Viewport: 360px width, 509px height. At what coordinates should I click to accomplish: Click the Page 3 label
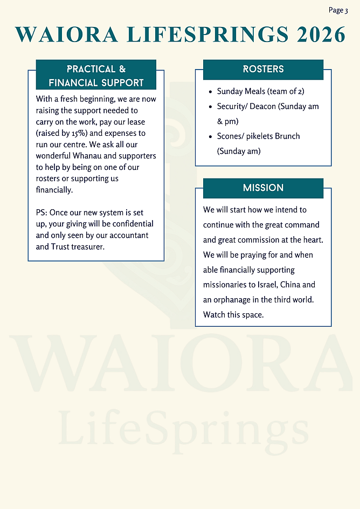338,10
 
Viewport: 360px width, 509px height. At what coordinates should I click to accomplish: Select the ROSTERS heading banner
263,69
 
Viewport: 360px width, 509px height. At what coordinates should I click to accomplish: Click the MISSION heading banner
263,188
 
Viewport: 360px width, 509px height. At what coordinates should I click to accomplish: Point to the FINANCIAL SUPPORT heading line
96,83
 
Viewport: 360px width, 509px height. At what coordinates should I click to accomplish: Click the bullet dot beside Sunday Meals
210,92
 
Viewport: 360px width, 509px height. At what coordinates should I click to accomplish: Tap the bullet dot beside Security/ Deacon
210,107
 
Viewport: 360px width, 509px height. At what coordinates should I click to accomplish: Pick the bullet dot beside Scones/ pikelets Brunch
210,136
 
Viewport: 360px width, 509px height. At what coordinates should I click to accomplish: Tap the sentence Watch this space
233,314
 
